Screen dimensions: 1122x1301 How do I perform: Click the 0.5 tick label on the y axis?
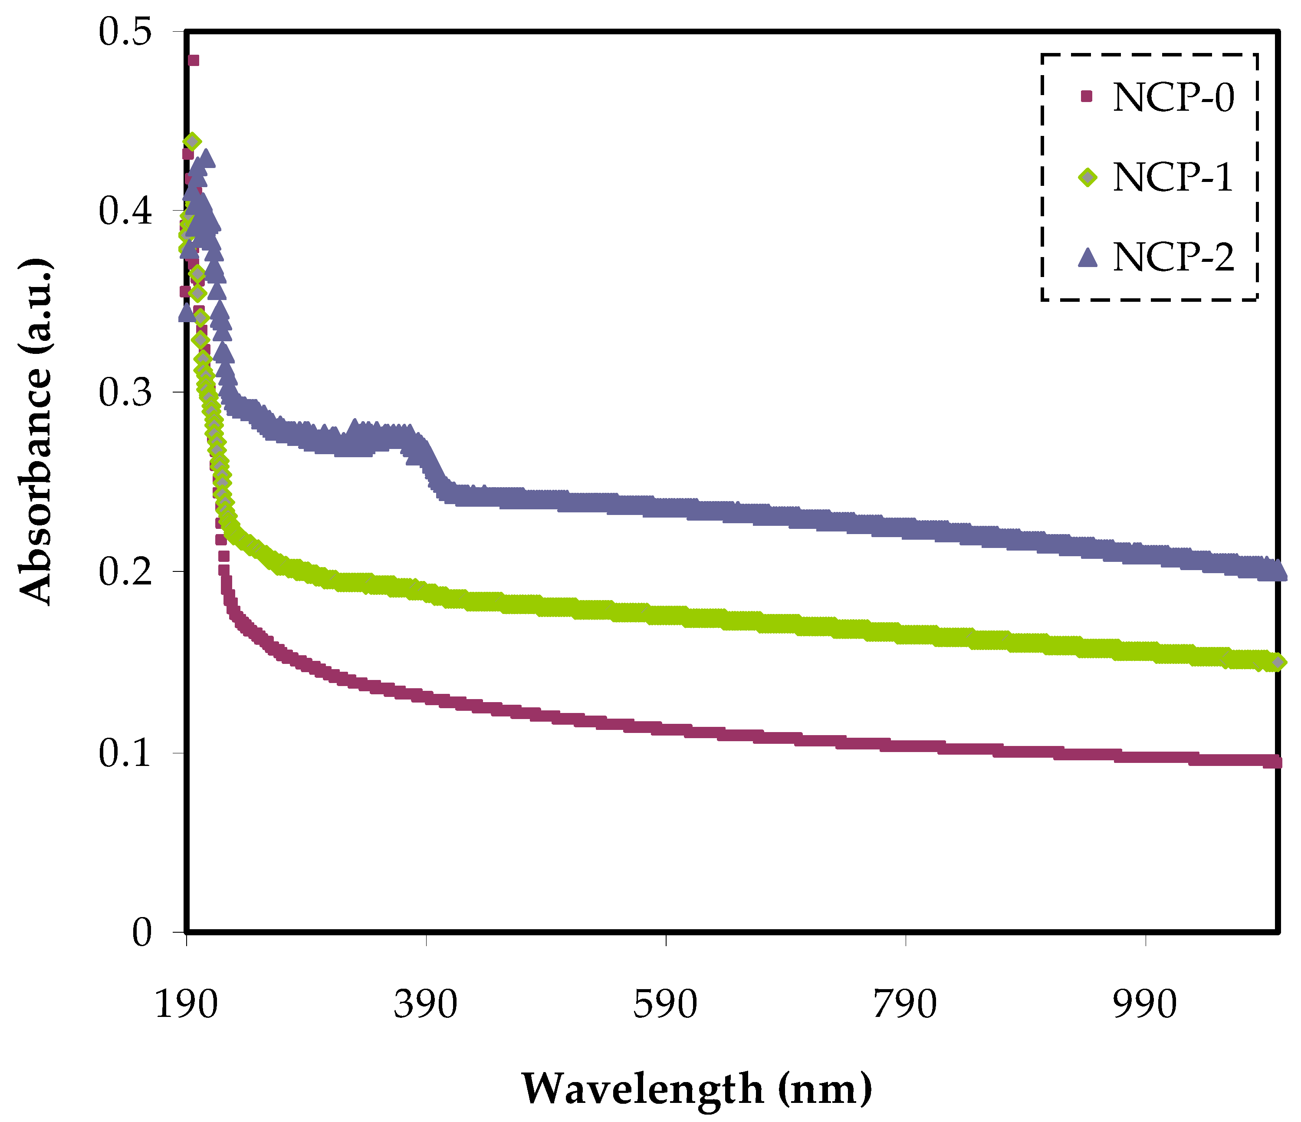coord(125,32)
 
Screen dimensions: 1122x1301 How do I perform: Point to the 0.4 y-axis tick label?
coord(125,212)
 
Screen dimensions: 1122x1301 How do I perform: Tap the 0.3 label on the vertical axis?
coord(125,392)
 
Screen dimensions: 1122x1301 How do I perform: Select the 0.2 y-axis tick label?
coord(125,572)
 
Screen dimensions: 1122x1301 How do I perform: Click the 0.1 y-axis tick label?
coord(125,752)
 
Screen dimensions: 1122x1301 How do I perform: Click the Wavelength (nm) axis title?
coord(697,1088)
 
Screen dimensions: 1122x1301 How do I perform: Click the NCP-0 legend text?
coord(1173,97)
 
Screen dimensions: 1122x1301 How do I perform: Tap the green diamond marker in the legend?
coord(1087,178)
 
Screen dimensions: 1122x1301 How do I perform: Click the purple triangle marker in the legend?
coord(1087,257)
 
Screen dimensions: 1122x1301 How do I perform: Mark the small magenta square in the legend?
coord(1086,96)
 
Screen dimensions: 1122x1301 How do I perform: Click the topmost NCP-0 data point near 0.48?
coord(194,60)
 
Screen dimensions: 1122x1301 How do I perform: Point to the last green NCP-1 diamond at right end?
coord(1278,662)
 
